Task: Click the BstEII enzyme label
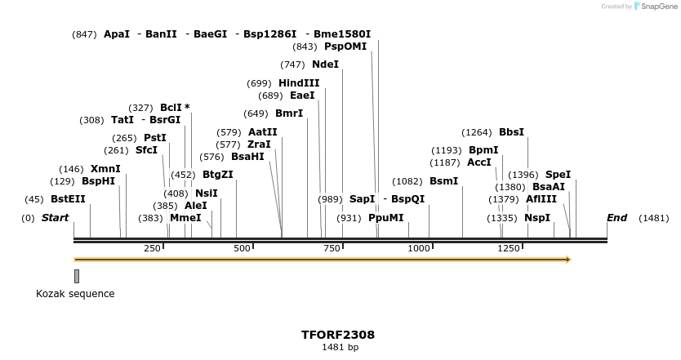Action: [x=68, y=199]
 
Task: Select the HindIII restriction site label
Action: [x=299, y=83]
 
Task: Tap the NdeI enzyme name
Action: [x=325, y=64]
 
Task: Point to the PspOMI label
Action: [x=345, y=47]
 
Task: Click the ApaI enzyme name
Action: [x=117, y=34]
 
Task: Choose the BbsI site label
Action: [x=511, y=132]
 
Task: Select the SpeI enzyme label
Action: [x=558, y=175]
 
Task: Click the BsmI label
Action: [x=443, y=181]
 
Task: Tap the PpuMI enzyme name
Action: [x=385, y=218]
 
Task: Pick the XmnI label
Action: [x=105, y=169]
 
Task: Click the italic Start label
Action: [x=55, y=218]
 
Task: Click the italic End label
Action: [x=616, y=218]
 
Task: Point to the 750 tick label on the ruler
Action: [x=331, y=248]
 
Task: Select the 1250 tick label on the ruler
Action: [x=510, y=248]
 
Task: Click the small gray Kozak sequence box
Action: [x=77, y=276]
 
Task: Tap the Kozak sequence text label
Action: [x=75, y=294]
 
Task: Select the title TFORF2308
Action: [x=338, y=335]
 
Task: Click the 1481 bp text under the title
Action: [x=340, y=348]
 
